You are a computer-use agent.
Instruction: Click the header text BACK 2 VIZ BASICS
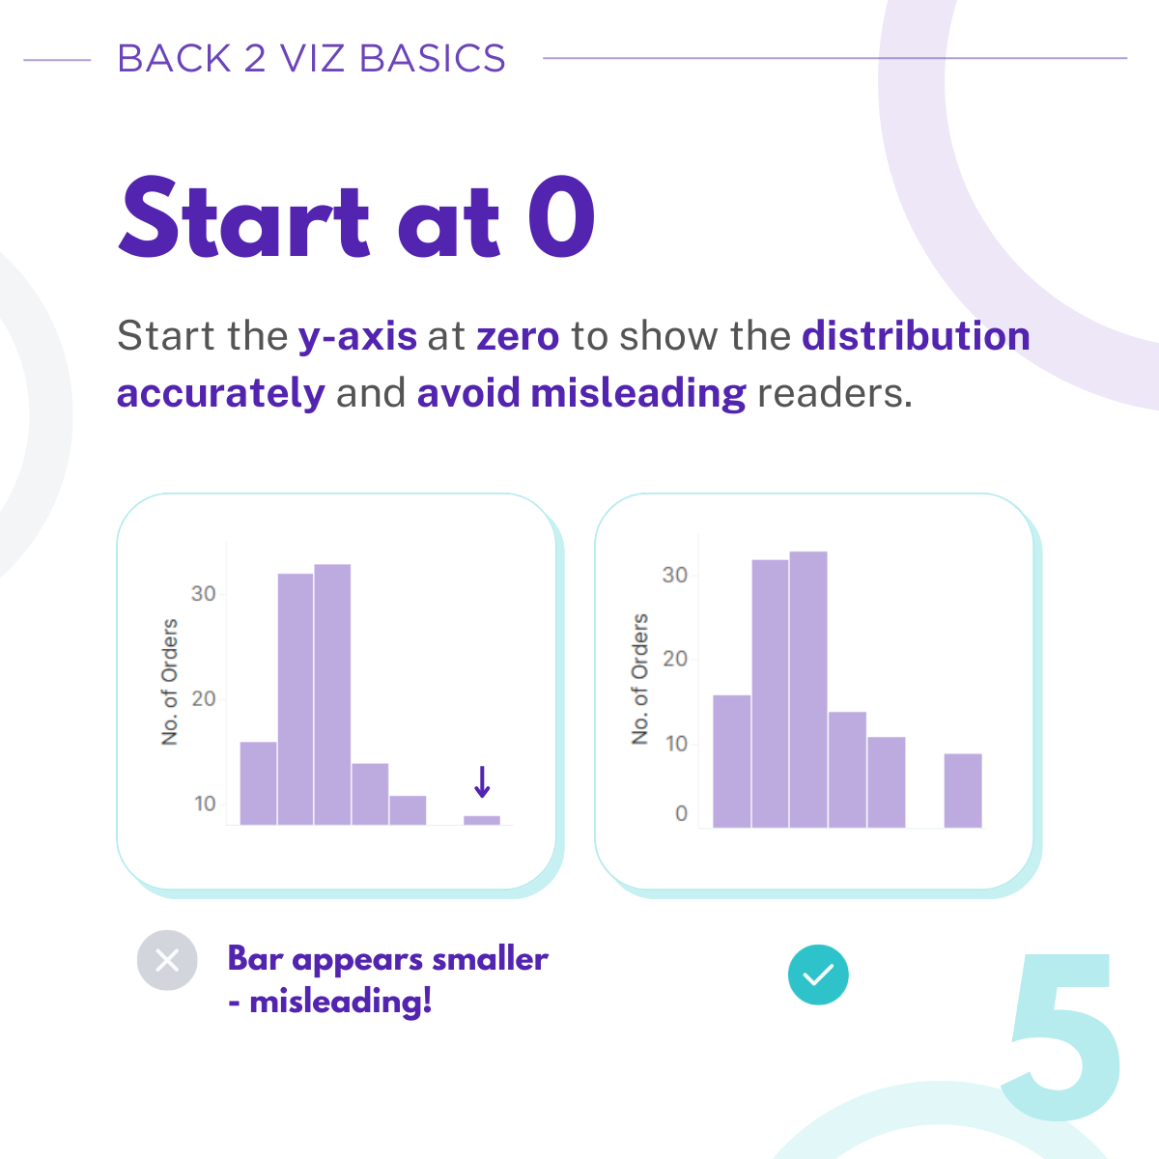pyautogui.click(x=311, y=58)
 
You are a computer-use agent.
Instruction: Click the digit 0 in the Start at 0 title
pyautogui.click(x=561, y=216)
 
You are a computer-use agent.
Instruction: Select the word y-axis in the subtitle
pyautogui.click(x=358, y=337)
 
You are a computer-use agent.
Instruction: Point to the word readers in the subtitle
pyautogui.click(x=834, y=393)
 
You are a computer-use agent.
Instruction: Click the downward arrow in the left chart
pyautogui.click(x=482, y=781)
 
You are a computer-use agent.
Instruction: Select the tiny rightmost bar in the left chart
pyautogui.click(x=482, y=820)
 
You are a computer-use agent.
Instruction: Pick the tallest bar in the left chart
pyautogui.click(x=332, y=694)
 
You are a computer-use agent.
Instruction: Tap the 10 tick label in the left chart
pyautogui.click(x=205, y=805)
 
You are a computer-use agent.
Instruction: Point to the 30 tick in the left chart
pyautogui.click(x=203, y=594)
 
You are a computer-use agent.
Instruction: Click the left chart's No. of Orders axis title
pyautogui.click(x=170, y=682)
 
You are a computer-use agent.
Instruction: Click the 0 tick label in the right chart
pyautogui.click(x=681, y=814)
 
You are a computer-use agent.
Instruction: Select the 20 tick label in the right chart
pyautogui.click(x=675, y=660)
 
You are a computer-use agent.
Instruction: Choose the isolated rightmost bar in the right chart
pyautogui.click(x=963, y=791)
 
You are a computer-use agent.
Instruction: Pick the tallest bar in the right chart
pyautogui.click(x=808, y=690)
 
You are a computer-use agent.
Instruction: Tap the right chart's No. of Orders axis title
pyautogui.click(x=639, y=679)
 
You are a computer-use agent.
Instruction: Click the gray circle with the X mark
pyautogui.click(x=167, y=960)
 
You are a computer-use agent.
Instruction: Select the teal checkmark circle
pyautogui.click(x=818, y=975)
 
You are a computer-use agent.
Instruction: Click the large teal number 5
pyautogui.click(x=1061, y=1037)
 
